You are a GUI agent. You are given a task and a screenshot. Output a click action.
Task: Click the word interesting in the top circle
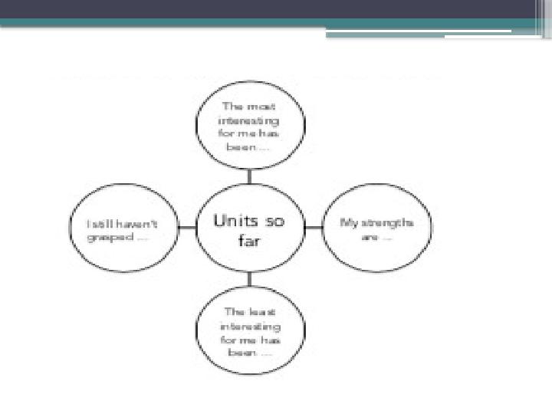coord(250,120)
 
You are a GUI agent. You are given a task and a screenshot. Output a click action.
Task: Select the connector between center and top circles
coord(249,176)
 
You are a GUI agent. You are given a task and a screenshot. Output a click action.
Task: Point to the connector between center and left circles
coord(187,228)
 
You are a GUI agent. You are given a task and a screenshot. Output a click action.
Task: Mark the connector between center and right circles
coord(313,228)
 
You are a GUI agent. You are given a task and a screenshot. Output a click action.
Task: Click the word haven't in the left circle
coord(139,224)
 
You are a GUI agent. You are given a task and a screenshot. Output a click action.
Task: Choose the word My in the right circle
coord(349,223)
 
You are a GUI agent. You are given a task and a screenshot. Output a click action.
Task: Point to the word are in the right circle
coord(369,237)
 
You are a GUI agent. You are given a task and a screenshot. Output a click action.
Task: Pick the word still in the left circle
coord(103,224)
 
